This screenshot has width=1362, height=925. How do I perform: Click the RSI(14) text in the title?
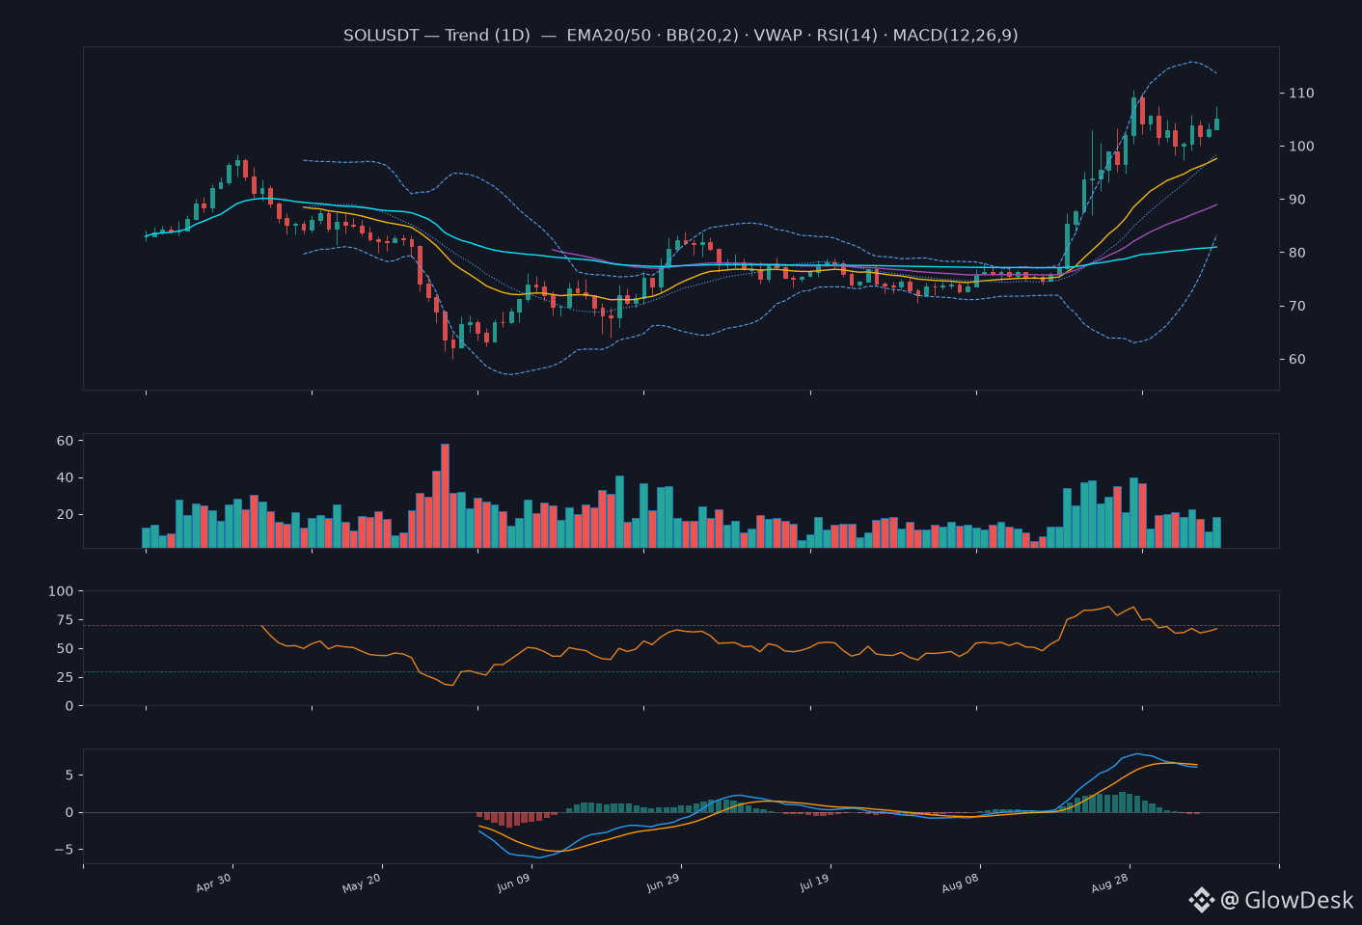tap(847, 36)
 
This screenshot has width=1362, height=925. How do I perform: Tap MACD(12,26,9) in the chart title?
tap(955, 36)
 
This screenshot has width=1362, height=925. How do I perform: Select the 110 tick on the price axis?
tap(1301, 93)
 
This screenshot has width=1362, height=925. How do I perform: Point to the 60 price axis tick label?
tap(1297, 360)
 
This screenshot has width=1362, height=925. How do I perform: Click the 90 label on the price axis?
tap(1297, 200)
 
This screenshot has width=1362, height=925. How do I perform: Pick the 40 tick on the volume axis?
tap(65, 478)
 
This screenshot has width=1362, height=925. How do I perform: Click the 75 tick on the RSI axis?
tap(65, 619)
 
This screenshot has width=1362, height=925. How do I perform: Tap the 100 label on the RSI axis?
tap(61, 591)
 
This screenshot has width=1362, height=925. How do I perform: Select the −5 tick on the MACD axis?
tap(64, 850)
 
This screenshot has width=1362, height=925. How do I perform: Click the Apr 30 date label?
tap(213, 883)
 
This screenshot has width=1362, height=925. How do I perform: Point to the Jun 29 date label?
tap(663, 883)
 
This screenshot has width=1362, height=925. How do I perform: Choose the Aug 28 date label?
tap(1109, 883)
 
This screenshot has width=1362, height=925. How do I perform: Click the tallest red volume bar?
tap(445, 496)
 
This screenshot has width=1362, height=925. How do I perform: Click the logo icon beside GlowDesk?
tap(1202, 900)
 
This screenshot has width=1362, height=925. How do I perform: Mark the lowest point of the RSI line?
tap(452, 686)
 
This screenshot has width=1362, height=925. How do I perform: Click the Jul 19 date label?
tap(814, 883)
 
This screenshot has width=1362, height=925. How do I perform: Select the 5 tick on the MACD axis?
tap(69, 775)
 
